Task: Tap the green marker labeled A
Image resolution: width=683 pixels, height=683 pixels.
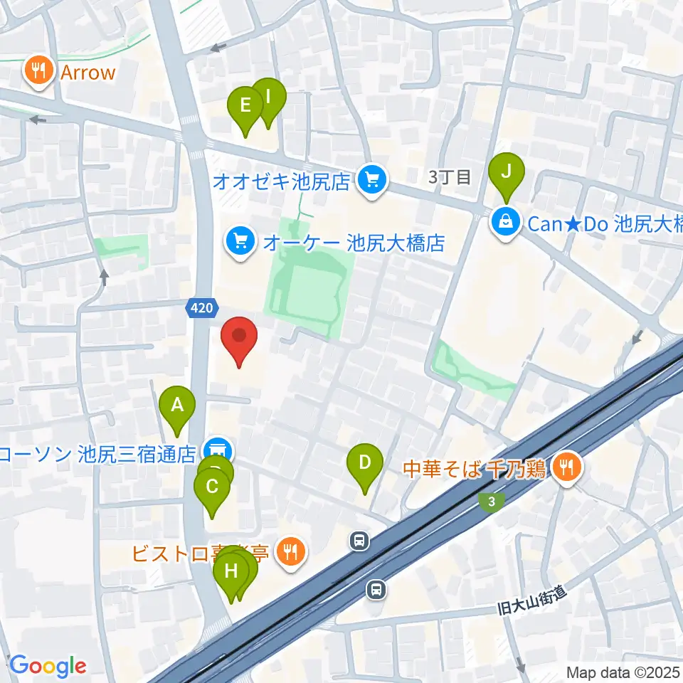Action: point(177,406)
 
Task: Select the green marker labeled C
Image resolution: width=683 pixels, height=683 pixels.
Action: point(212,488)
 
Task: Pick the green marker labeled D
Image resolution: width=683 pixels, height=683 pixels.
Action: point(364,463)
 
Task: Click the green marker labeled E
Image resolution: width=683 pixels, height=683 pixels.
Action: point(245,106)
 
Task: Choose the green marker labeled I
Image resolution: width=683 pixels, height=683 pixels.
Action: point(268,96)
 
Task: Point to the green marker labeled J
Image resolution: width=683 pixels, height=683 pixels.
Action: point(507,171)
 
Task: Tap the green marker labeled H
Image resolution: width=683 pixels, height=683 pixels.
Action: point(231,571)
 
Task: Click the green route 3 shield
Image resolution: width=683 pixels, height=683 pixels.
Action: point(491,502)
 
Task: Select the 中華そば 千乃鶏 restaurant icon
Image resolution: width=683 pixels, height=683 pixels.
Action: point(567,467)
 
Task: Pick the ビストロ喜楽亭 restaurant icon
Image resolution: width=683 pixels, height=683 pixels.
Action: point(290,550)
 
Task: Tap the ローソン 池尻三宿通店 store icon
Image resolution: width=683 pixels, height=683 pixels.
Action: point(216,450)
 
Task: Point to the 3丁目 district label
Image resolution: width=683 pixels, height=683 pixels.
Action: point(450,178)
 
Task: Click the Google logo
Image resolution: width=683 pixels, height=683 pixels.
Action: point(48,666)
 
